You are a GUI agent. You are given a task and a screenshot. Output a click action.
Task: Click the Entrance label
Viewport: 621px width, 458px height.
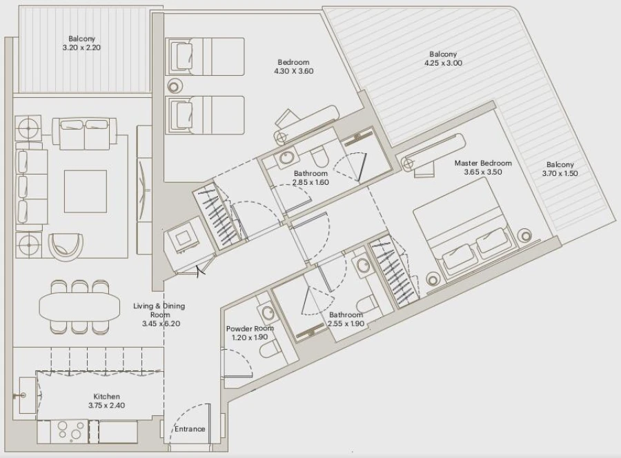(x=189, y=429)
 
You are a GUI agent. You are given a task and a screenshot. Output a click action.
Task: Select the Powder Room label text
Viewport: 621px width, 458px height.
(x=250, y=333)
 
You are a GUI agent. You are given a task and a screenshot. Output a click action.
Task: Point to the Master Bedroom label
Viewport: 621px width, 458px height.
(x=483, y=168)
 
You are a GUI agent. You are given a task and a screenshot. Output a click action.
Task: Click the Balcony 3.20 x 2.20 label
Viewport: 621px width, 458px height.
(x=81, y=43)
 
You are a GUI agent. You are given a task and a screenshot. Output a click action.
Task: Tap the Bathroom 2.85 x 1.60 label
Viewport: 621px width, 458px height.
(x=310, y=178)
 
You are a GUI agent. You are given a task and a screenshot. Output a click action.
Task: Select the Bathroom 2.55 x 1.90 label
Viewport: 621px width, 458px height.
(x=346, y=319)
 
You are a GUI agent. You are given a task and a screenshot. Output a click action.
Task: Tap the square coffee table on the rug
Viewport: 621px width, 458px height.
(x=86, y=191)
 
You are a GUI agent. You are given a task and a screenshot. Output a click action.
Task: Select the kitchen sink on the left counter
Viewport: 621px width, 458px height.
(x=26, y=396)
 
